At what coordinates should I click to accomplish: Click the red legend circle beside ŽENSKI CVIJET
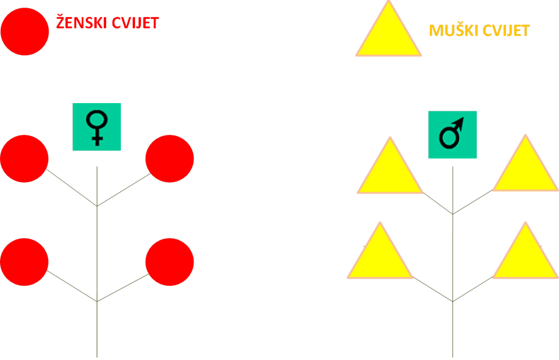(25, 32)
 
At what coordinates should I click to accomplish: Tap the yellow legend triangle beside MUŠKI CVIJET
(389, 35)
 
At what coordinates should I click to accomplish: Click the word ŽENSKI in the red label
(81, 22)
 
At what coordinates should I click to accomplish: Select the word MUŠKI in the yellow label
(451, 30)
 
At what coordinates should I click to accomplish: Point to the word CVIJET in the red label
(135, 23)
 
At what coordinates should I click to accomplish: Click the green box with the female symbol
(97, 127)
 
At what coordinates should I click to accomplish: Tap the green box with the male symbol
(452, 134)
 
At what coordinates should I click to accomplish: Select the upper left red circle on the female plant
(24, 159)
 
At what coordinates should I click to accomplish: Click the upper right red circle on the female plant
(170, 159)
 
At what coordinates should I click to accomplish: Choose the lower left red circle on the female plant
(24, 262)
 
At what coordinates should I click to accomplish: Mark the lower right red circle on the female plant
(170, 262)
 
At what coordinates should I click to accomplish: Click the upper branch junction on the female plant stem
(97, 206)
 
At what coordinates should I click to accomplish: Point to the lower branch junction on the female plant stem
(97, 301)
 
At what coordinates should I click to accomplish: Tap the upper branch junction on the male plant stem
(453, 214)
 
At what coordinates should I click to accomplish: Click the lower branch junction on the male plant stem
(453, 301)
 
